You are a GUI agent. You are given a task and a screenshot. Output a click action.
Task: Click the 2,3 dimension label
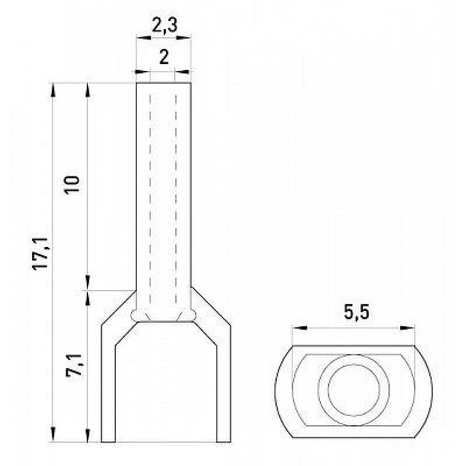pos(164,25)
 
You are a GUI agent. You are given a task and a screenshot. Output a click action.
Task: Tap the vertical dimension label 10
pos(72,185)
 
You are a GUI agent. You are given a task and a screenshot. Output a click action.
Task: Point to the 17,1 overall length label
pos(40,253)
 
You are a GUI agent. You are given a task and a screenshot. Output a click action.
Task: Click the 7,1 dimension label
pos(74,365)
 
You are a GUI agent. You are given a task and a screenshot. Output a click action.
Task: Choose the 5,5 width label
pos(356,312)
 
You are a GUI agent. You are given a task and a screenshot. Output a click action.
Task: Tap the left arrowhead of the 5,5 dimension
pos(299,328)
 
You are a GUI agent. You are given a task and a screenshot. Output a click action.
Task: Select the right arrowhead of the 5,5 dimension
pos(407,328)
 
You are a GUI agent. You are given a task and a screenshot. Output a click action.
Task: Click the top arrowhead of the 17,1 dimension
pos(53,90)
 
